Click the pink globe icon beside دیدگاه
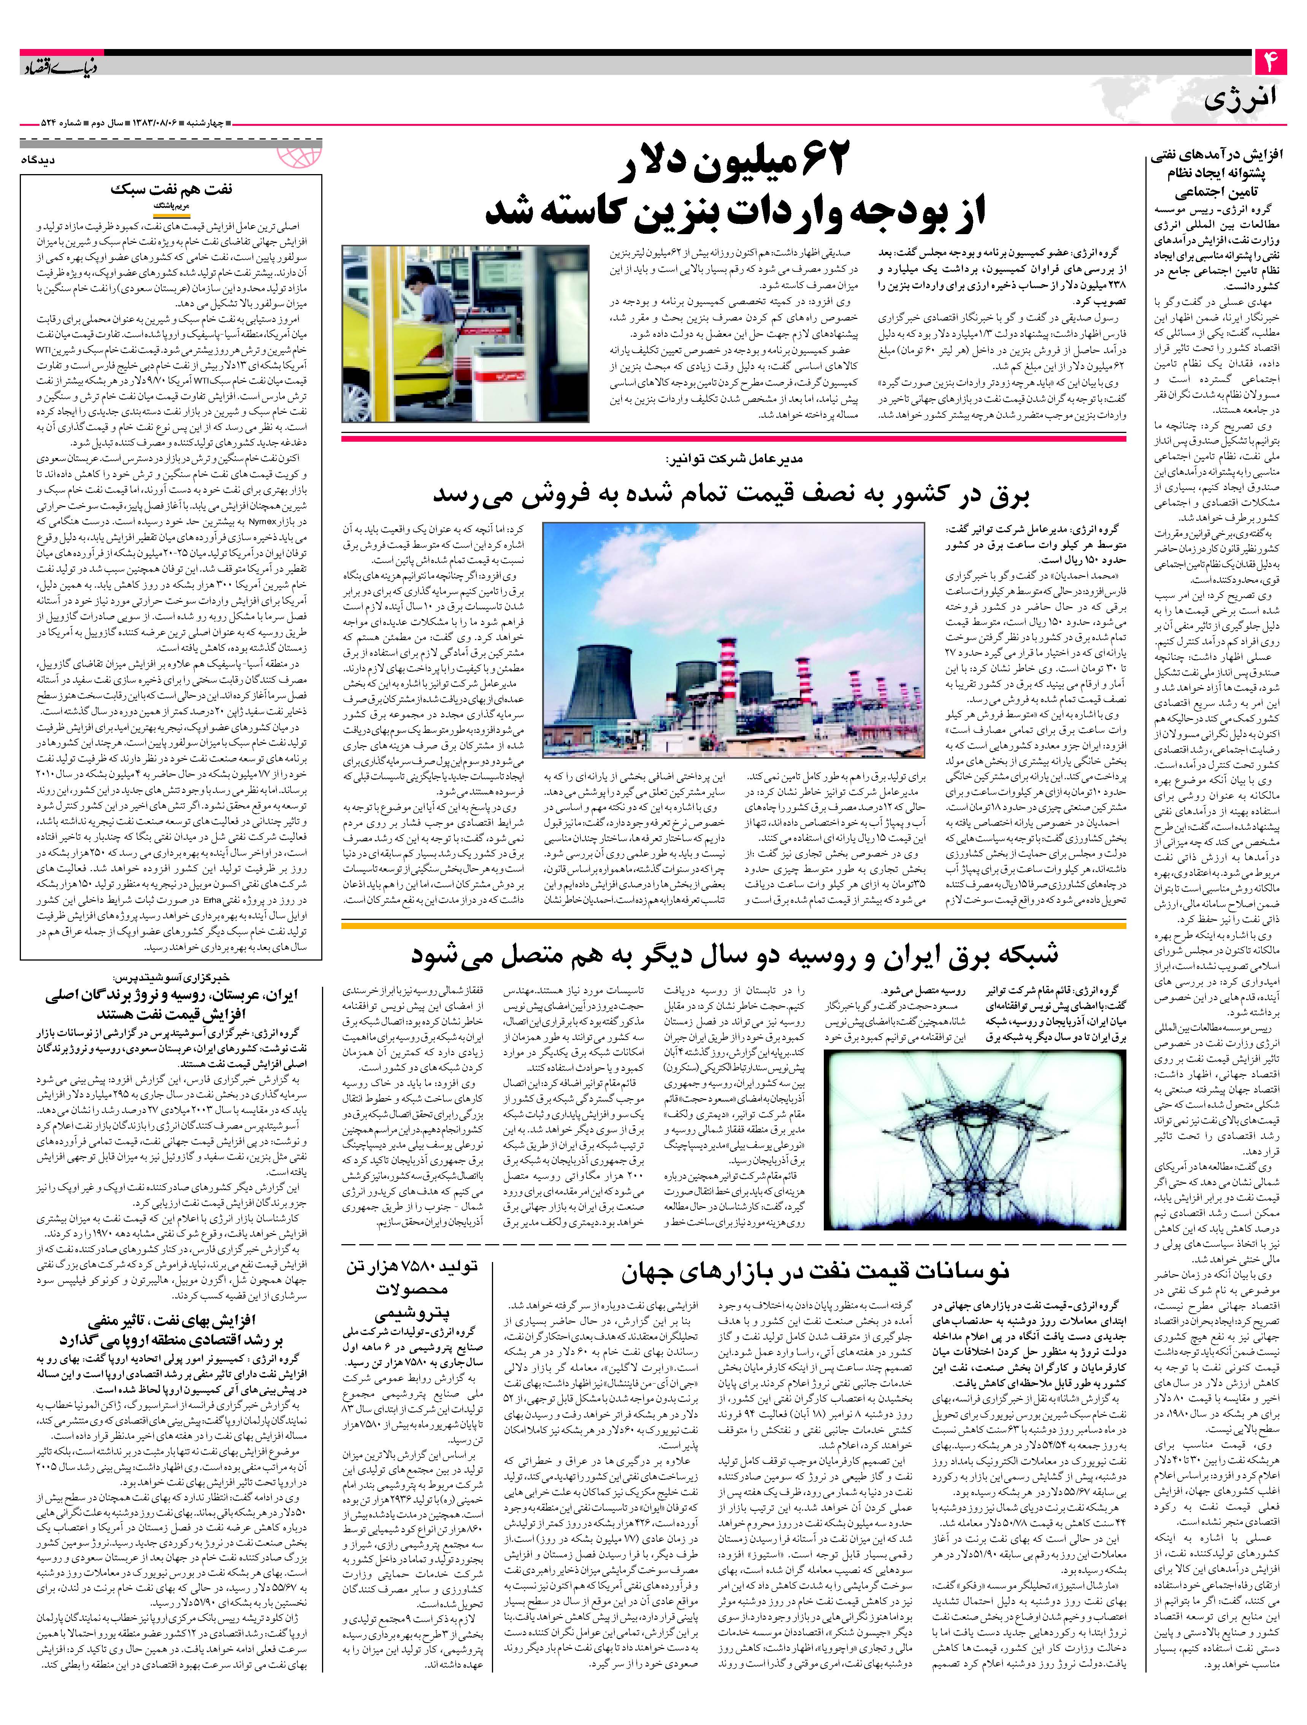click(x=300, y=152)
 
